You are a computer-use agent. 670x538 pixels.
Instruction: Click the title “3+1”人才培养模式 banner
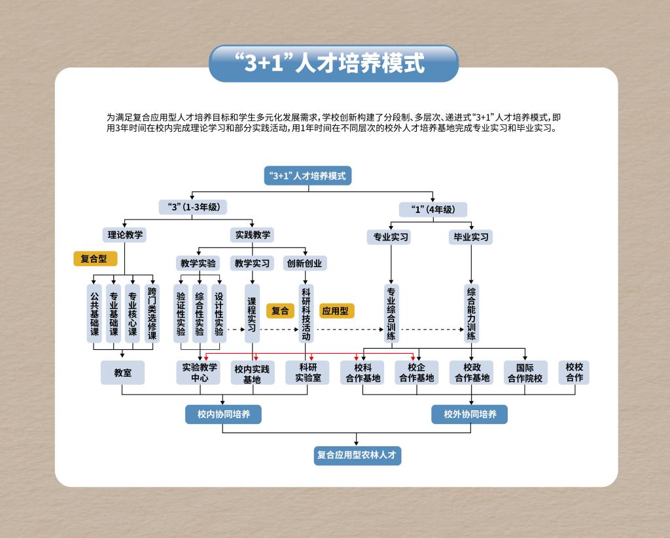point(333,63)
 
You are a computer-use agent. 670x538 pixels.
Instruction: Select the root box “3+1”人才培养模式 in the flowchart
point(308,176)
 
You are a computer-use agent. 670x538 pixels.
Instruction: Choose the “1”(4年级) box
point(433,210)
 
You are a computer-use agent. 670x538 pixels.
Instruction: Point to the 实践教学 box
point(252,235)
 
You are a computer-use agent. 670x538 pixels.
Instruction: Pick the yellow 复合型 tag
point(94,259)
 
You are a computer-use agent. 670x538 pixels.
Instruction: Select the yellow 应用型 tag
point(336,311)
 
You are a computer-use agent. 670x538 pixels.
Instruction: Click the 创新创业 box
point(304,263)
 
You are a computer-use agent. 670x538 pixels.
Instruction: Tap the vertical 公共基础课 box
point(94,314)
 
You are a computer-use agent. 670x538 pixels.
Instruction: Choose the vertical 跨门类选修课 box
point(152,314)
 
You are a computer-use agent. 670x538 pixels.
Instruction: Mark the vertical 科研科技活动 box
point(306,314)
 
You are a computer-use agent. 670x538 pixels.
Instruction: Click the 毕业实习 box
point(471,237)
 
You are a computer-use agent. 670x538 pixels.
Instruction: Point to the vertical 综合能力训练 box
point(471,314)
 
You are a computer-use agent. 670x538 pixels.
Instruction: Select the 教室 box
point(122,372)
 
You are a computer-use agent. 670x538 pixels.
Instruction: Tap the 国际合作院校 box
point(525,373)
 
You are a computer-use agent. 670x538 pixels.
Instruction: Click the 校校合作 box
point(574,372)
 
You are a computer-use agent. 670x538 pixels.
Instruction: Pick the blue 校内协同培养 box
point(223,414)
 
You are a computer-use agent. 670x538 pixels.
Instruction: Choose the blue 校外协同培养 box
point(469,414)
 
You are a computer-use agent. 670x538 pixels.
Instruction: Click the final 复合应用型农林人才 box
point(357,455)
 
